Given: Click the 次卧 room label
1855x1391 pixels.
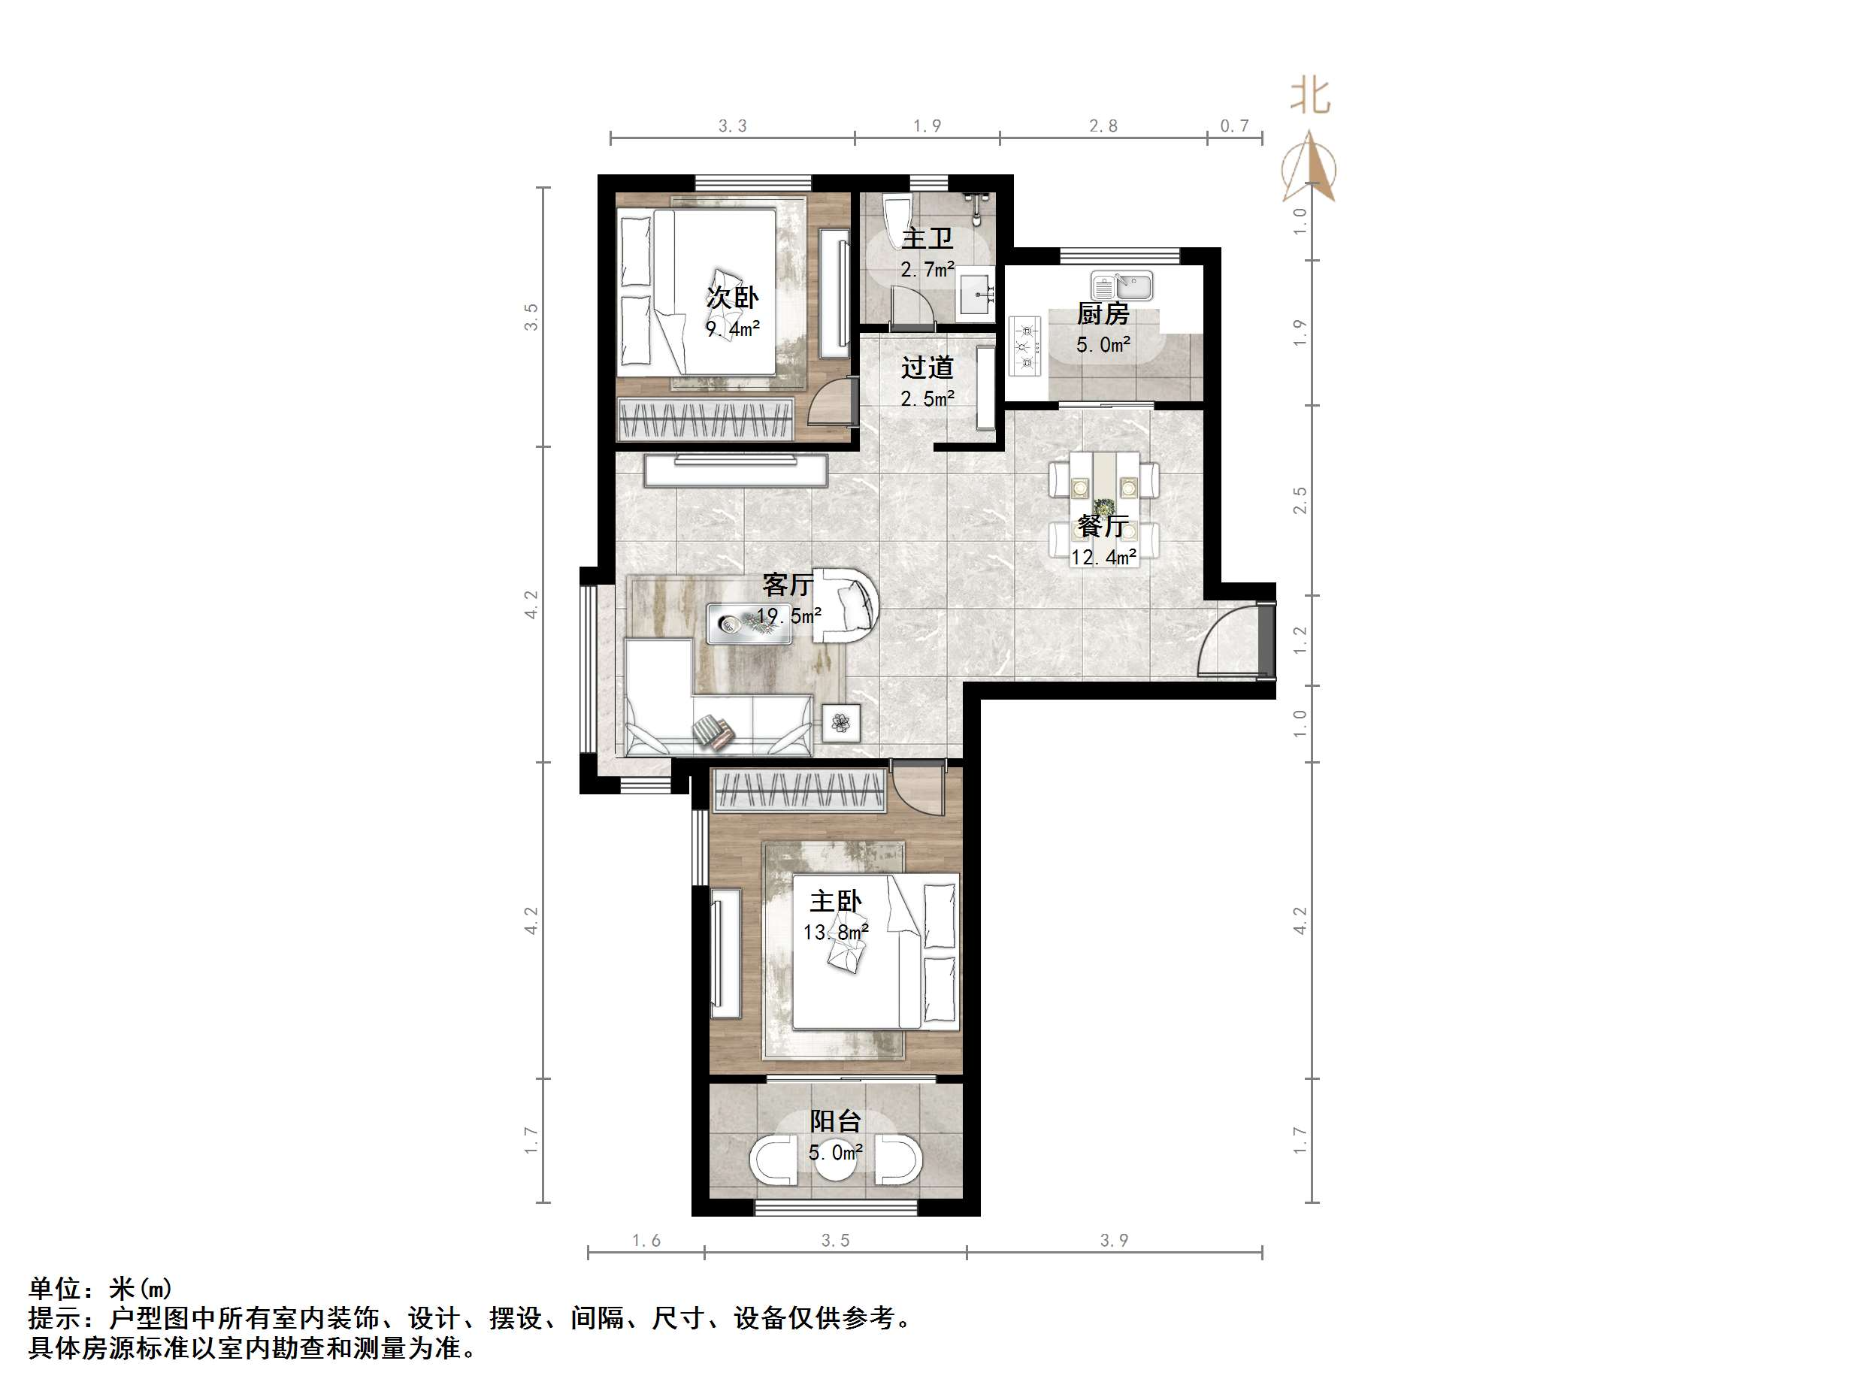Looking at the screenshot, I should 732,297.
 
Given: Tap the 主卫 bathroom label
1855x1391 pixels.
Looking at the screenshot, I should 927,239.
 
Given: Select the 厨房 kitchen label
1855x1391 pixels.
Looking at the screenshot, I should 1103,314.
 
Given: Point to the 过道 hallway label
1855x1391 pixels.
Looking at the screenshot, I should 927,367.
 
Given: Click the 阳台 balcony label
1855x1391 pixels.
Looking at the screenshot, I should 835,1122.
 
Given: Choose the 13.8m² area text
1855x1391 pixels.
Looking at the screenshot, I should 835,933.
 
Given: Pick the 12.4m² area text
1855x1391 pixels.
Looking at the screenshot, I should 1103,558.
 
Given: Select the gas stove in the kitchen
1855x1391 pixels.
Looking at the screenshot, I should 1024,346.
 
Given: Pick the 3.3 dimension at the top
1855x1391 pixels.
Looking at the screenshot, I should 732,126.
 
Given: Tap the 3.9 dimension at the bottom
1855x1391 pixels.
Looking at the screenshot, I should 1114,1240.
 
